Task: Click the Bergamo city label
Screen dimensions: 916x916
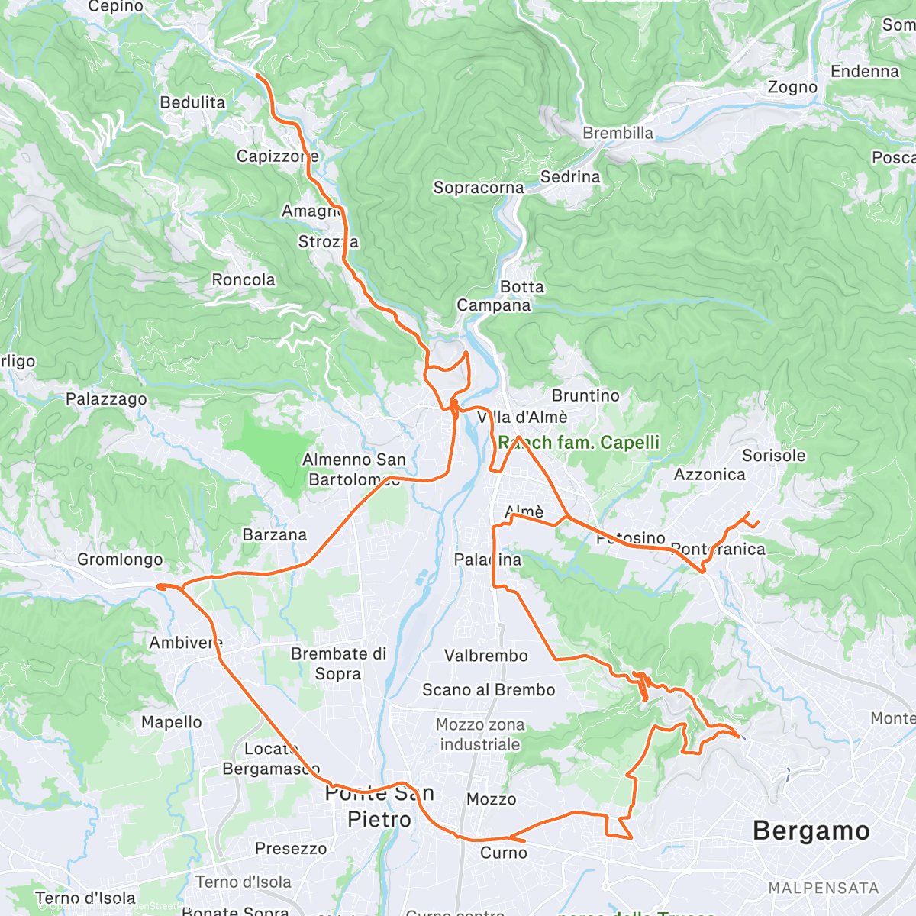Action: (811, 831)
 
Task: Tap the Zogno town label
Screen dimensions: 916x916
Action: (792, 87)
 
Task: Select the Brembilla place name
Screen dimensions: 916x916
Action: (618, 133)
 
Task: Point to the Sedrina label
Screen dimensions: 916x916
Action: (570, 177)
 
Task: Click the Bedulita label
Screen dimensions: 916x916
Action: (192, 102)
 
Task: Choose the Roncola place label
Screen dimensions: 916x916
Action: (244, 280)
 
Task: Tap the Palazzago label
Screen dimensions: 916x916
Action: (106, 399)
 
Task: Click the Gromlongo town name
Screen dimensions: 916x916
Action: (120, 560)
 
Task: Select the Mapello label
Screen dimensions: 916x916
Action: (172, 722)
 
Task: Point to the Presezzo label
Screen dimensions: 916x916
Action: (291, 849)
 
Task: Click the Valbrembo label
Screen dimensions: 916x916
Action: (486, 656)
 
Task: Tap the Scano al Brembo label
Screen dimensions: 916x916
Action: (489, 690)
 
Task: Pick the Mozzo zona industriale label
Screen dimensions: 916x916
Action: (480, 734)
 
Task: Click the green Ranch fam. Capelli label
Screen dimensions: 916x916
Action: (579, 443)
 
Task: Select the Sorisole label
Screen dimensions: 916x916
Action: (773, 456)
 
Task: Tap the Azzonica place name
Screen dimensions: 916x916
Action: (709, 475)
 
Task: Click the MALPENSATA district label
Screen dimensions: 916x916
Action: (824, 889)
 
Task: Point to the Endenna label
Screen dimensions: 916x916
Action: (865, 72)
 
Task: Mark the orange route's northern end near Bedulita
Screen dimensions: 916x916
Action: (257, 76)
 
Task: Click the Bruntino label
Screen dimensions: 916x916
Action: (585, 395)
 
